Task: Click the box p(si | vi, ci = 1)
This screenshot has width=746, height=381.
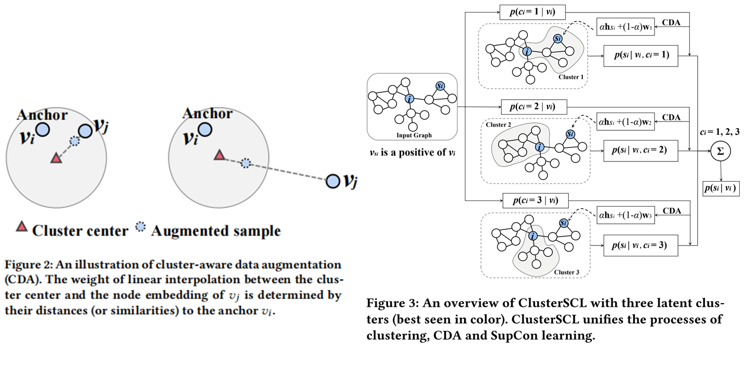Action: pos(641,56)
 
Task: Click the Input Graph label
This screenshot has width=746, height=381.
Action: pos(411,135)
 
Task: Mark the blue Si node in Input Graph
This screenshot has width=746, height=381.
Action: pos(441,86)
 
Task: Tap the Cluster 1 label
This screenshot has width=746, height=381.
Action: pos(571,77)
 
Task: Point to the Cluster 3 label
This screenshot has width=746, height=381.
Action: pos(567,272)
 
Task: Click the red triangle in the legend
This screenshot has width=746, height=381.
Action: pos(22,226)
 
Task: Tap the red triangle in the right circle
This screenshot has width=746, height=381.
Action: pos(220,155)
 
